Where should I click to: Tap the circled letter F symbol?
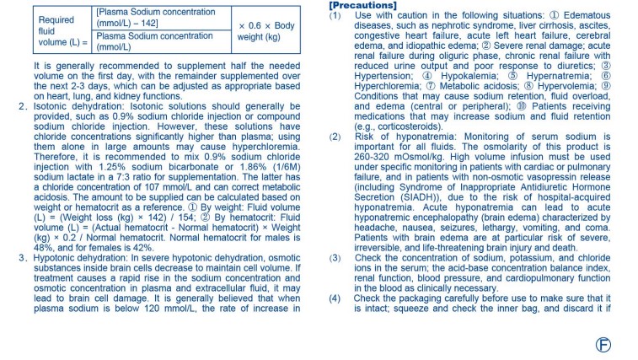coord(603,343)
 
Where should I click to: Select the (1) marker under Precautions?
coord(335,15)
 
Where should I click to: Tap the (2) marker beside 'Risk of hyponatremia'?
coord(335,135)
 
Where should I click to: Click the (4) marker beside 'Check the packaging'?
coord(335,298)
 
